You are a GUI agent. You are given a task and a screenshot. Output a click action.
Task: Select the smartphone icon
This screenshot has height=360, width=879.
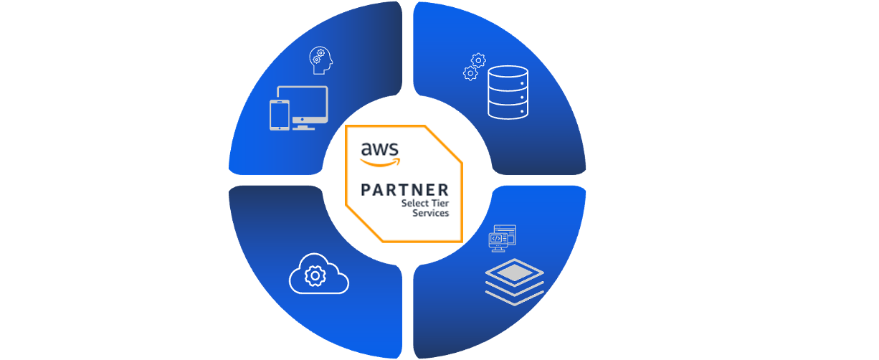(x=280, y=115)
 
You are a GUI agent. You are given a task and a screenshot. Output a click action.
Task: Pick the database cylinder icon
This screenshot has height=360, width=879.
(x=508, y=93)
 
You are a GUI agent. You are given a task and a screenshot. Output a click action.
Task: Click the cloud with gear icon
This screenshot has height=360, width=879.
(x=318, y=273)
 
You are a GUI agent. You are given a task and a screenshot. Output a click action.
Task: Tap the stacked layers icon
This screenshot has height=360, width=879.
(x=514, y=281)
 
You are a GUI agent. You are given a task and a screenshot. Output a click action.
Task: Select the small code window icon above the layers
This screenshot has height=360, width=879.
(x=502, y=237)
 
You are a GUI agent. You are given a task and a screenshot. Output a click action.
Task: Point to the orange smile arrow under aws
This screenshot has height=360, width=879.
(x=378, y=162)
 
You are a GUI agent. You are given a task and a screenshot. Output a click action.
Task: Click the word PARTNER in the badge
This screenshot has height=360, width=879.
(x=405, y=190)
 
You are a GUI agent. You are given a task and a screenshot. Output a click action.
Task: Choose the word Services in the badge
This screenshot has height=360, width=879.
(x=431, y=213)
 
